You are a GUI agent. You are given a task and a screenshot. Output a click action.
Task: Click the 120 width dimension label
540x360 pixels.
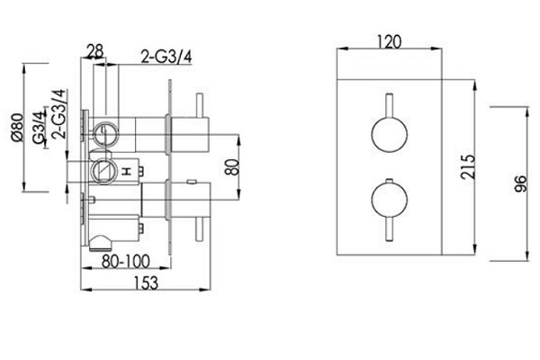pyautogui.click(x=390, y=42)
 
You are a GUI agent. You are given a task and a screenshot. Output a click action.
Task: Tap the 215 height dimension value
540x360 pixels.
pyautogui.click(x=468, y=166)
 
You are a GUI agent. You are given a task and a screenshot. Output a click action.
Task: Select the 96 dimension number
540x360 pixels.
pyautogui.click(x=521, y=184)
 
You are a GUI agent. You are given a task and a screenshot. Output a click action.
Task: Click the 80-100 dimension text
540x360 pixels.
pyautogui.click(x=126, y=261)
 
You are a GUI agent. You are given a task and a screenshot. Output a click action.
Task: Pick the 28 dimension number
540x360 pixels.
pyautogui.click(x=95, y=51)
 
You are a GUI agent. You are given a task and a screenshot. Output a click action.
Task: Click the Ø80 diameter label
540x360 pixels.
pyautogui.click(x=18, y=127)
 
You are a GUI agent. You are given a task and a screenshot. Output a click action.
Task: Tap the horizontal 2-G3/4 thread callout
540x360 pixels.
pyautogui.click(x=166, y=57)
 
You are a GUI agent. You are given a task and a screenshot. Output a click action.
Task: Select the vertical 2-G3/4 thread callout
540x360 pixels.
pyautogui.click(x=58, y=113)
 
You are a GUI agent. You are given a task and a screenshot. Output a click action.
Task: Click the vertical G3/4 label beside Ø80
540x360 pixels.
pyautogui.click(x=40, y=127)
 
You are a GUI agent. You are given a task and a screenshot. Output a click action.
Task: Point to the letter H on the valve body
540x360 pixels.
pyautogui.click(x=127, y=171)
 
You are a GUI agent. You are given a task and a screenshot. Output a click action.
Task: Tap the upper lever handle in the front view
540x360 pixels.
pyautogui.click(x=390, y=105)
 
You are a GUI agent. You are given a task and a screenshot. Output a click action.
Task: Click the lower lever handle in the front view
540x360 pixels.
pyautogui.click(x=390, y=230)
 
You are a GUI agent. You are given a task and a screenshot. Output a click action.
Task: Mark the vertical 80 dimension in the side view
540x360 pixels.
pyautogui.click(x=233, y=167)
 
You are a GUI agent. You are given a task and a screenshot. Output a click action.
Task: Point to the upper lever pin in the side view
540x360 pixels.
pyautogui.click(x=200, y=105)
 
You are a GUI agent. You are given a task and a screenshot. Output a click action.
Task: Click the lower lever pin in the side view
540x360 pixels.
pyautogui.click(x=200, y=230)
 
